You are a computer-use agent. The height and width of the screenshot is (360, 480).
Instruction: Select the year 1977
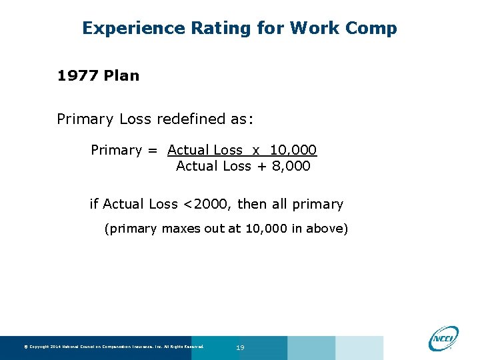click(x=78, y=75)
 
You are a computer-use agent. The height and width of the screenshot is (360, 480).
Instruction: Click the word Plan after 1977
click(x=121, y=75)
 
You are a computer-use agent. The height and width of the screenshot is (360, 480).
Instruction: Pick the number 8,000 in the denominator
click(x=292, y=166)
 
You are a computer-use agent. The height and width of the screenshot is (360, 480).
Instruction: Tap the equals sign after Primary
click(x=154, y=150)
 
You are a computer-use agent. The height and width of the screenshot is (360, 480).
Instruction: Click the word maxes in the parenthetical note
click(x=179, y=229)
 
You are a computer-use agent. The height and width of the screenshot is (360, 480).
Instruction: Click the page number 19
click(x=241, y=347)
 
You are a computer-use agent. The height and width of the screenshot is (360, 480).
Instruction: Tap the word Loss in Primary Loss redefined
click(x=135, y=119)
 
